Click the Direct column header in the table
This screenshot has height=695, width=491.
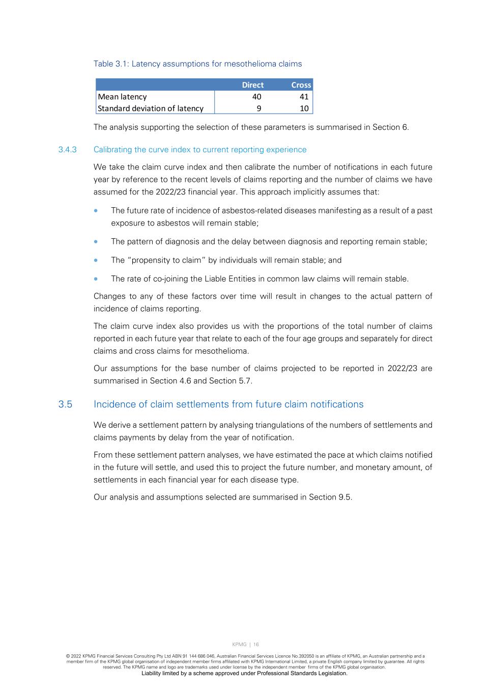(252, 85)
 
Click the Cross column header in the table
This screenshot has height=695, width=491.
(301, 85)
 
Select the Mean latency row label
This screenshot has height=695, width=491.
(122, 97)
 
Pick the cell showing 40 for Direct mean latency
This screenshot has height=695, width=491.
(256, 97)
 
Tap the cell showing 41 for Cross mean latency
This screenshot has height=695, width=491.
(304, 97)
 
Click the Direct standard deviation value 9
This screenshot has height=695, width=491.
(258, 108)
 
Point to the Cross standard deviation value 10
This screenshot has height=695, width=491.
(304, 108)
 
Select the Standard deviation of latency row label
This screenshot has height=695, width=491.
(151, 108)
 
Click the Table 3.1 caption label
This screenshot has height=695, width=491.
(197, 64)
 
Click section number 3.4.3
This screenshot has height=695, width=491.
(67, 150)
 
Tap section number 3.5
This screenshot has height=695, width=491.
(65, 404)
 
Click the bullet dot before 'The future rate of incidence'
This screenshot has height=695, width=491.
(96, 210)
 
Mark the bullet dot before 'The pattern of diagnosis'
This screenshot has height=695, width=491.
(96, 242)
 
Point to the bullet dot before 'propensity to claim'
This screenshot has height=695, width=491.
(96, 260)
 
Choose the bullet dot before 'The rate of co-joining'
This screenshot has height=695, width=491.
(96, 279)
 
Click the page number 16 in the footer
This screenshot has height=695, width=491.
(256, 645)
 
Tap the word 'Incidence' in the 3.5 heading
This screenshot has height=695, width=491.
(113, 404)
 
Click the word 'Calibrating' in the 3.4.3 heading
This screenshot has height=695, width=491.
(113, 150)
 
